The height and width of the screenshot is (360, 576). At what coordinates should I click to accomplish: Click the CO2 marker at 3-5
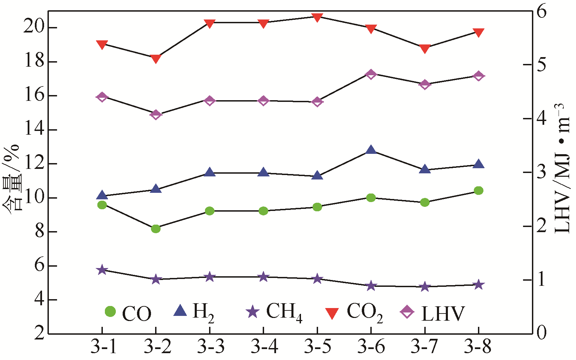pyautogui.click(x=317, y=17)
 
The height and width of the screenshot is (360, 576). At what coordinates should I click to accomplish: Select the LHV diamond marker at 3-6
pyautogui.click(x=371, y=74)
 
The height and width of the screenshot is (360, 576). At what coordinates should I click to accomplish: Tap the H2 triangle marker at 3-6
pyautogui.click(x=371, y=150)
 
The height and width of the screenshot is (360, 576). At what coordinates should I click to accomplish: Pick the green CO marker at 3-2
pyautogui.click(x=156, y=228)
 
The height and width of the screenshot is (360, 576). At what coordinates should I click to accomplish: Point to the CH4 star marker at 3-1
pyautogui.click(x=102, y=270)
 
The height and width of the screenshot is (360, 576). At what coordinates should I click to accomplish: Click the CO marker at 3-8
pyautogui.click(x=478, y=190)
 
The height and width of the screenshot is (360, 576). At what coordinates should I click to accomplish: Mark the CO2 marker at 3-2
pyautogui.click(x=156, y=59)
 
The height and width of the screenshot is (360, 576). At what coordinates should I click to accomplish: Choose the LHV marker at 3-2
pyautogui.click(x=156, y=115)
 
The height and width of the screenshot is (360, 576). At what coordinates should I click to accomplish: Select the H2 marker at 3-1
pyautogui.click(x=102, y=195)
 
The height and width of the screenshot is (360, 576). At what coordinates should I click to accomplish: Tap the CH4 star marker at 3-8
pyautogui.click(x=478, y=285)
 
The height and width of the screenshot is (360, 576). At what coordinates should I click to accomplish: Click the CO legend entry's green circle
pyautogui.click(x=110, y=311)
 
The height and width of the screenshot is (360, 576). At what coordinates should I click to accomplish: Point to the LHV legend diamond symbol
pyautogui.click(x=407, y=312)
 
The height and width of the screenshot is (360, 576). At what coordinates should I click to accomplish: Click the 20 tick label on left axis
pyautogui.click(x=33, y=27)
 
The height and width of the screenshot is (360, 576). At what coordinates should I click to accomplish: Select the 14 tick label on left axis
pyautogui.click(x=33, y=130)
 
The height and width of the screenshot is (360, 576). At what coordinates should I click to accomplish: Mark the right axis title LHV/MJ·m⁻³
pyautogui.click(x=561, y=169)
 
